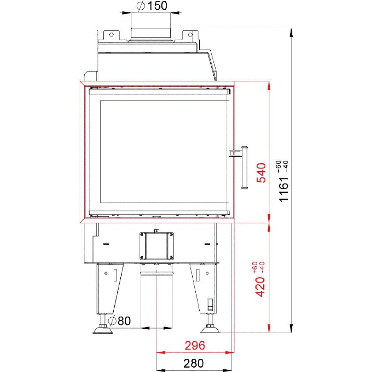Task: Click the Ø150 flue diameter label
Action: tap(152, 6)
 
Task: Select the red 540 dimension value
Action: tap(261, 173)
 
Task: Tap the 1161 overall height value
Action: tap(283, 189)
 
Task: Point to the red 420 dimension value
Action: tap(260, 287)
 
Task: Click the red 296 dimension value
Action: tap(195, 346)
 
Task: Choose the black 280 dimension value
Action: tap(194, 363)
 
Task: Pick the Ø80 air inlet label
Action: tap(119, 321)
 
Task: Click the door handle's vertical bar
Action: tap(244, 167)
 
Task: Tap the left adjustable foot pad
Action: tap(103, 330)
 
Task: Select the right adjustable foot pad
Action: tap(210, 330)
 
